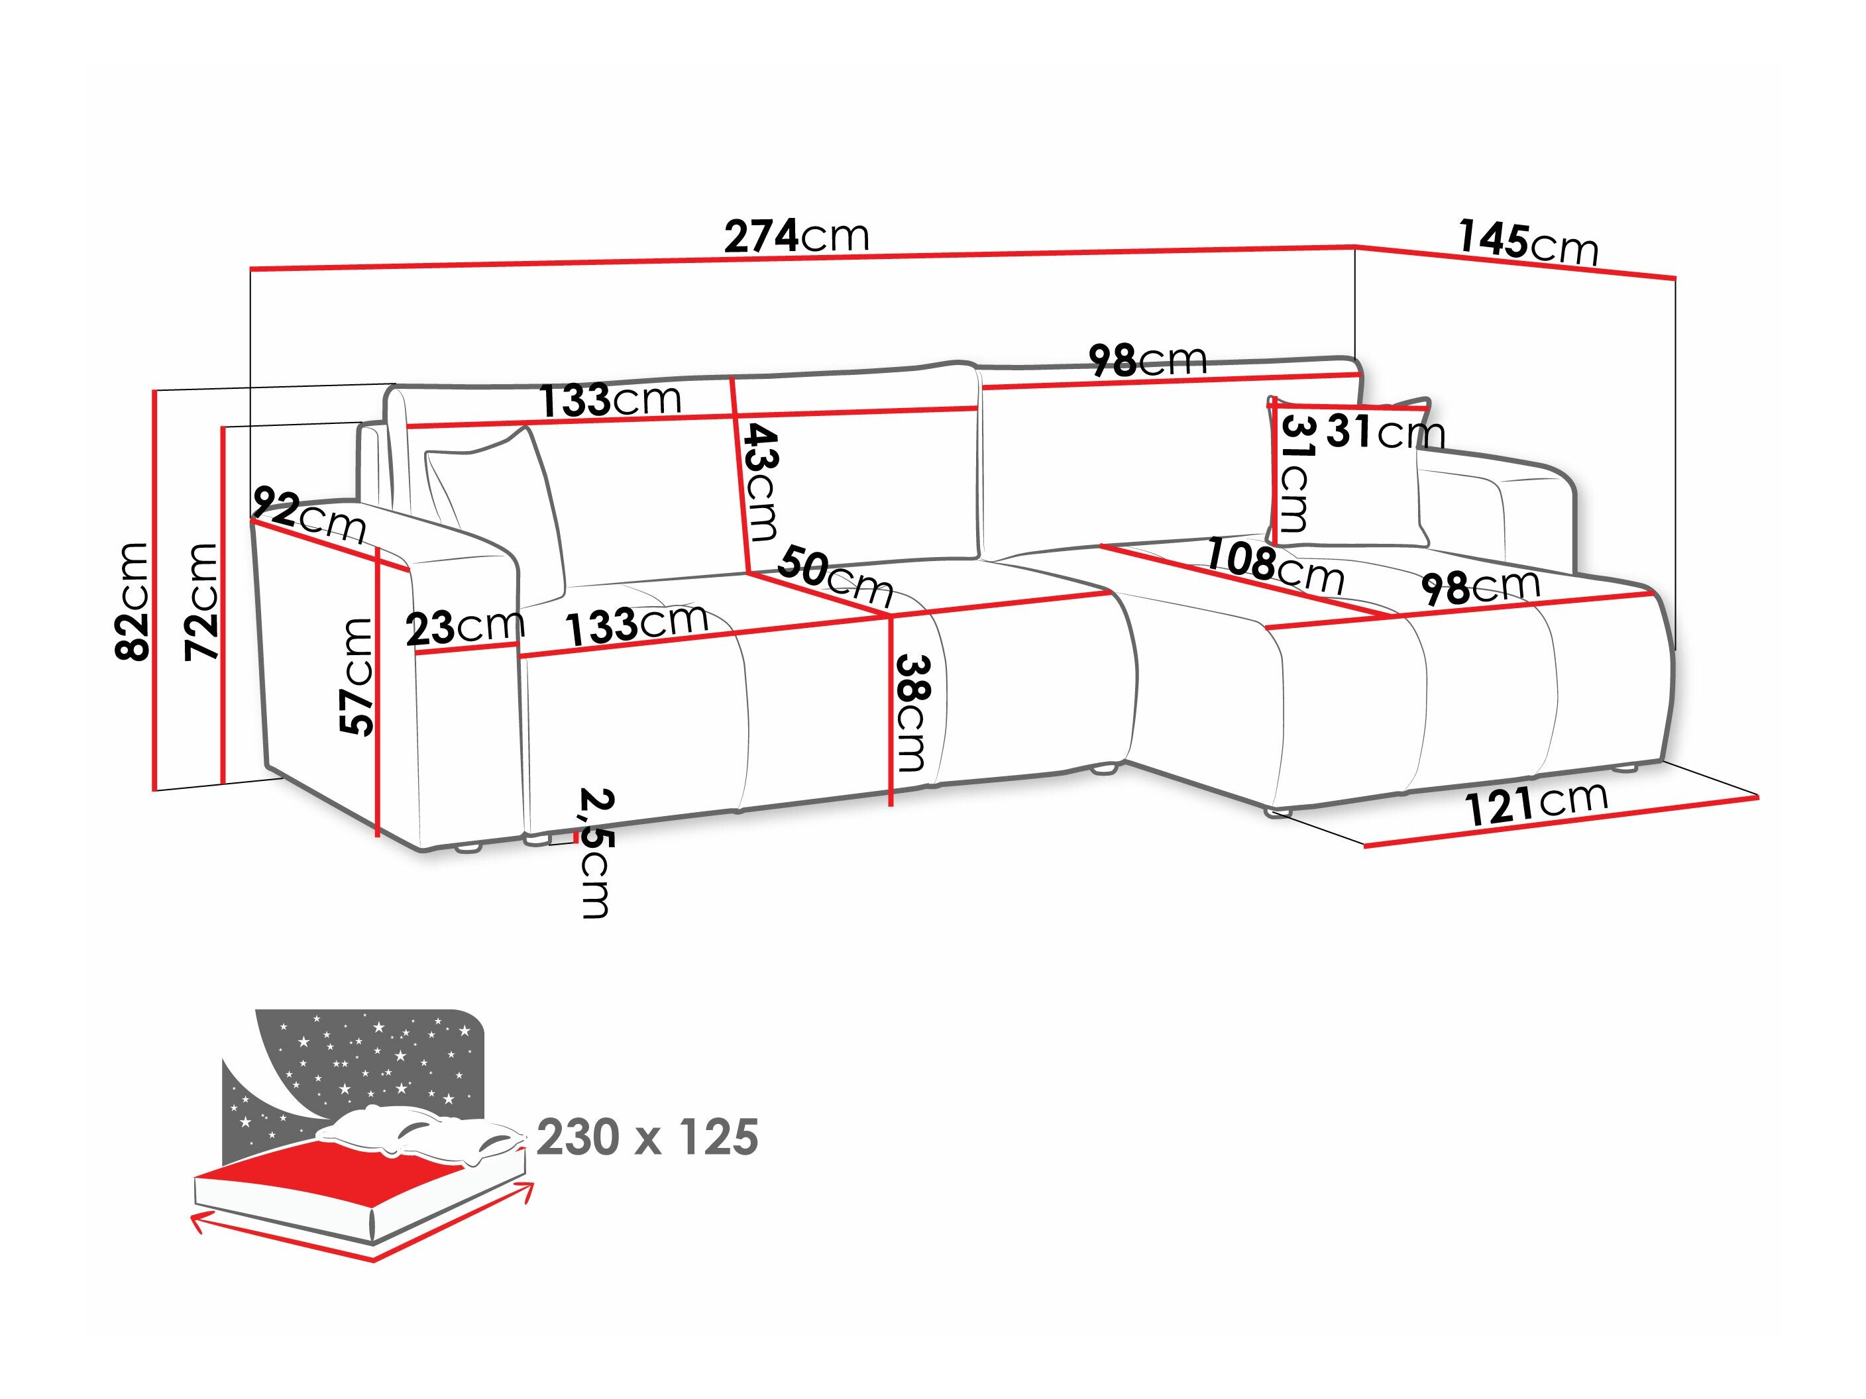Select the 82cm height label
tap(133, 600)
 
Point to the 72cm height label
tap(203, 600)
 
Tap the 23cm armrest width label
tap(465, 627)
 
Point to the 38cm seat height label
tap(911, 713)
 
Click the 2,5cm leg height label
tap(596, 853)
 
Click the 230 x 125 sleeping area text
tap(647, 1137)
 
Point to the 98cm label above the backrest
tap(1147, 361)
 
